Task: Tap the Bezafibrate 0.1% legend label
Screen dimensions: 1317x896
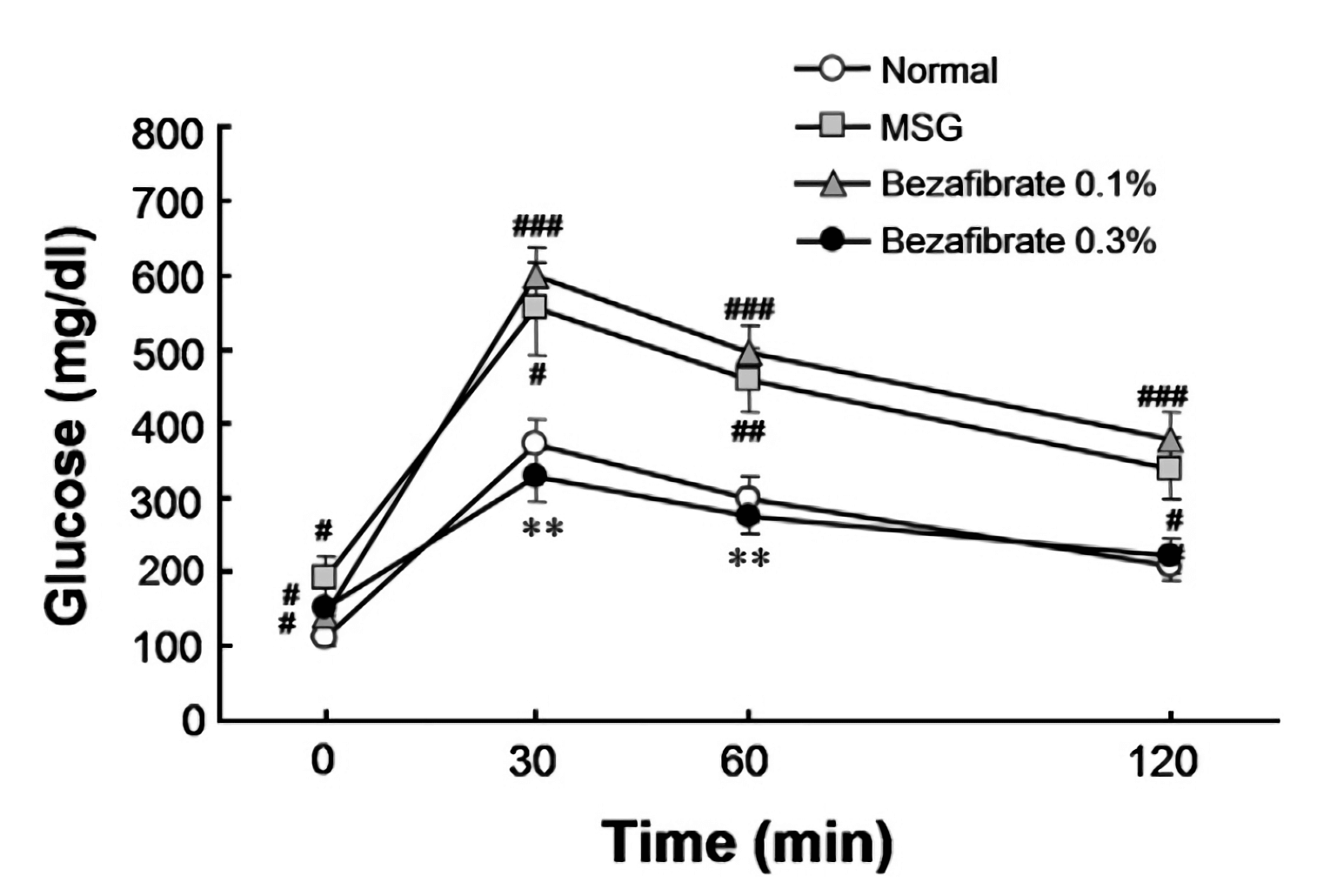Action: pos(1017,184)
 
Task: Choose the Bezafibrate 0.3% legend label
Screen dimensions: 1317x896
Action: pos(1017,240)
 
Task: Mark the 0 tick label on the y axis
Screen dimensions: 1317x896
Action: pos(193,720)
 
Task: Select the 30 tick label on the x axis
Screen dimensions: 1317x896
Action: pos(532,763)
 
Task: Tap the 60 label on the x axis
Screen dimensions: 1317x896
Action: pos(745,763)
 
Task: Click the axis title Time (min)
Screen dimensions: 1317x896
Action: pos(748,841)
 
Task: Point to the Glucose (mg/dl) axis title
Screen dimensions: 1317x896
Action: pos(69,426)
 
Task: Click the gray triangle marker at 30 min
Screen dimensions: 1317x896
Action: pos(536,277)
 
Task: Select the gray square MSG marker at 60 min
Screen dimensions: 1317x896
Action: pos(747,379)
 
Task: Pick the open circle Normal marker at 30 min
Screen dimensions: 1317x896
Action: pos(534,444)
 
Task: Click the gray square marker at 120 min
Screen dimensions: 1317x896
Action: pos(1170,469)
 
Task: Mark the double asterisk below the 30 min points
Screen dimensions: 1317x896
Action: pos(543,528)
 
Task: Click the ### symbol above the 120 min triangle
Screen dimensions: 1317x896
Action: pos(1162,398)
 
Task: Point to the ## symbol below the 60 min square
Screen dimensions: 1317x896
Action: pos(747,431)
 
